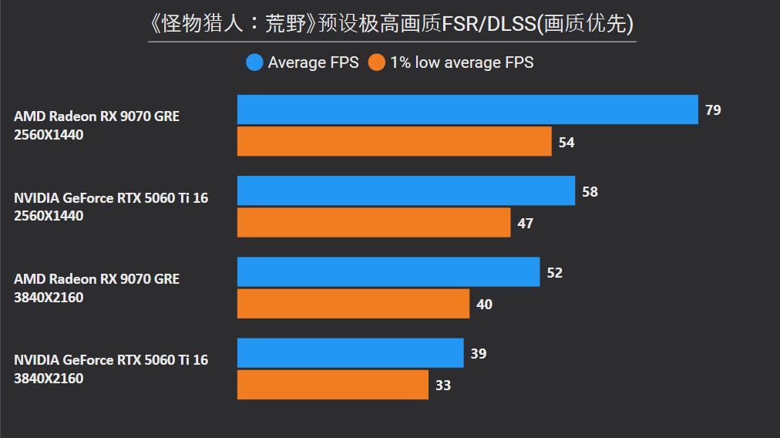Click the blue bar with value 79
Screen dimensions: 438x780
pos(467,109)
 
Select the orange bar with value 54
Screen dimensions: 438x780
pos(394,142)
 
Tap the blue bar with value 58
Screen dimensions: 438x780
pos(405,190)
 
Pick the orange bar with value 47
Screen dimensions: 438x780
pos(373,223)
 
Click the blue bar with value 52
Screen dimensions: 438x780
pos(388,272)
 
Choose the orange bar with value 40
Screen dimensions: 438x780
pos(353,304)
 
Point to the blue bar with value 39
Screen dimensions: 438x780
pos(350,353)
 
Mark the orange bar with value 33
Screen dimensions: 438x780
pos(332,385)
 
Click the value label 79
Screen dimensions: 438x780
pos(713,110)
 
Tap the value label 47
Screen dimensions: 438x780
pos(525,224)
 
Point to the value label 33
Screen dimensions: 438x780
pos(442,386)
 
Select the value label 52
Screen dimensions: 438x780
pos(554,273)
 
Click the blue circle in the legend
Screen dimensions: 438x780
pos(254,62)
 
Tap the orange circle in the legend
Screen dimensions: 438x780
pos(376,62)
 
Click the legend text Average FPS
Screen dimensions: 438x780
pos(313,62)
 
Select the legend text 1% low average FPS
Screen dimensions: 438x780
pos(461,62)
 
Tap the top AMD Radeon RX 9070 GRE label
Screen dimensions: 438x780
pos(96,116)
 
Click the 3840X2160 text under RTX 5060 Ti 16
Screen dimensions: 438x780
pos(49,379)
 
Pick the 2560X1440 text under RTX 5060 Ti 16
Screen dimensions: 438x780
pos(49,216)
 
